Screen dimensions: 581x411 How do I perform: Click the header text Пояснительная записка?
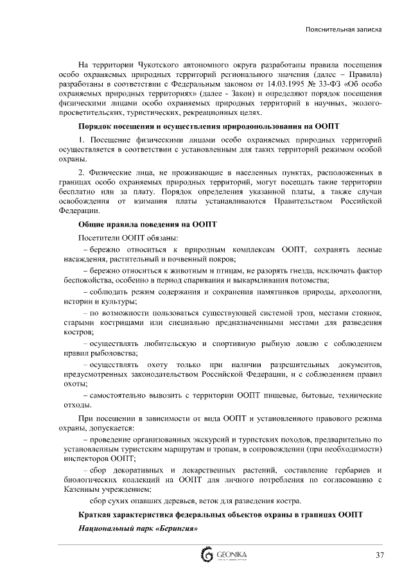pos(344,30)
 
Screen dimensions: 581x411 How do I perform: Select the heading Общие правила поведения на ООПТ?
pos(148,225)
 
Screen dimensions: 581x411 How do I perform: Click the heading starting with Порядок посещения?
pos(209,126)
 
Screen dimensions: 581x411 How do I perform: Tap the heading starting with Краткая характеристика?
pos(220,516)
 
